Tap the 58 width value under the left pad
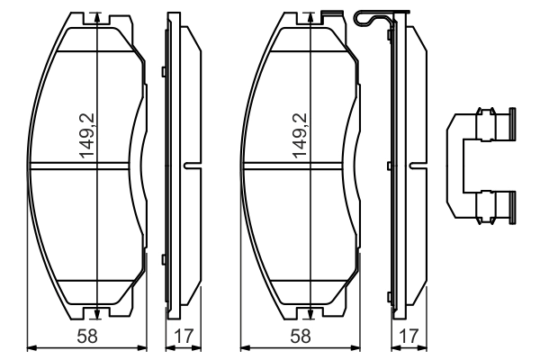point(86,336)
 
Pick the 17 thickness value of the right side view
point(408,336)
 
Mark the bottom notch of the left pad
point(96,314)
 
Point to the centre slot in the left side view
point(191,165)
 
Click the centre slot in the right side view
point(416,165)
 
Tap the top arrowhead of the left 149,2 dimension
point(96,20)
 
